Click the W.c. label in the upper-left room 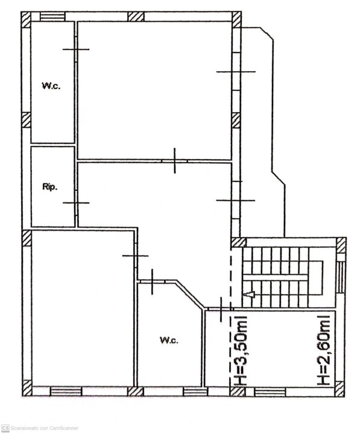pos(51,86)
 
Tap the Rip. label pos(50,186)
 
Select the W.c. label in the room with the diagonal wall pos(169,340)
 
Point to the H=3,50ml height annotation pos(241,351)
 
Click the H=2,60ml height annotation pos(323,350)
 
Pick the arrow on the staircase pos(251,294)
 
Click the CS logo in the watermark pos(5,428)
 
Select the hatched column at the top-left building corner pos(26,20)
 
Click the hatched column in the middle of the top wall pos(136,17)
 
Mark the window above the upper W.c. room pos(52,17)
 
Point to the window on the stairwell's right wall pos(341,277)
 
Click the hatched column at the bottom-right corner pos(339,389)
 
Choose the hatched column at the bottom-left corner pos(27,388)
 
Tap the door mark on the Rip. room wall pos(76,203)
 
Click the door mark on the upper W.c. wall pos(76,49)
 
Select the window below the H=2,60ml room pos(270,392)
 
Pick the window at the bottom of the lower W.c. pos(195,392)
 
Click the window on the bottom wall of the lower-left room pos(66,391)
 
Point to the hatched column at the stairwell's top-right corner pos(341,245)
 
